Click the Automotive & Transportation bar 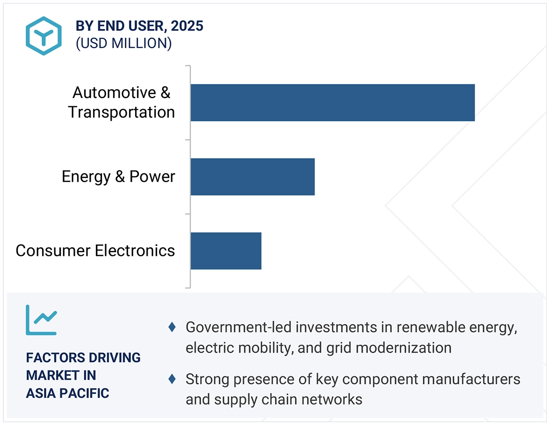[x=332, y=103]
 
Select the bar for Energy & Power [x=252, y=177]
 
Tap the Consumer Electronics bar [x=226, y=251]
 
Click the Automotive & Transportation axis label [x=121, y=102]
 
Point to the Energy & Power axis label [x=118, y=177]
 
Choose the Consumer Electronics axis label [x=95, y=251]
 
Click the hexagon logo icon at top [x=43, y=36]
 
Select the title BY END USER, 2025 [x=139, y=26]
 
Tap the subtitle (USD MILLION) [x=123, y=43]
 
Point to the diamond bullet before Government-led [x=172, y=327]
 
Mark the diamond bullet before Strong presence [x=172, y=379]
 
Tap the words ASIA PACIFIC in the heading [x=67, y=393]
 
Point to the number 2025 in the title [x=187, y=26]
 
